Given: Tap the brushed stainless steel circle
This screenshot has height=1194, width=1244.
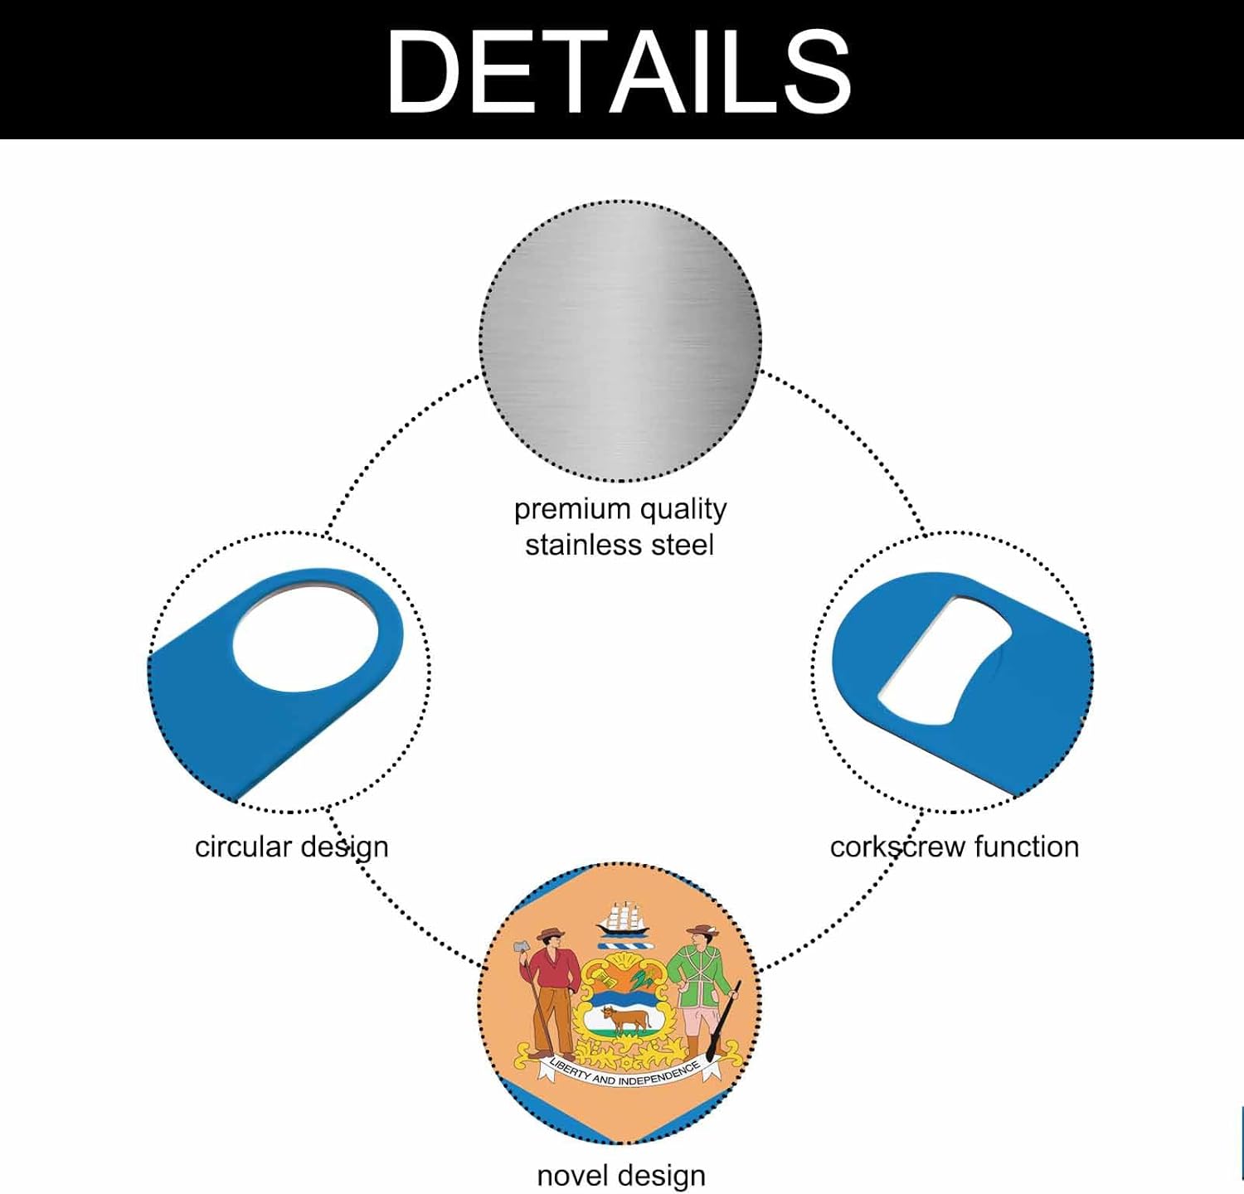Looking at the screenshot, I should (x=620, y=340).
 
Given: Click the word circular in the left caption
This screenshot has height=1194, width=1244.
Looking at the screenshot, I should (x=243, y=847).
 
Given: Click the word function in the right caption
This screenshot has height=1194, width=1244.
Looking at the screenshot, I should (x=1027, y=847).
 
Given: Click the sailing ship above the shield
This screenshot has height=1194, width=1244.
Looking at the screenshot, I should (x=624, y=918).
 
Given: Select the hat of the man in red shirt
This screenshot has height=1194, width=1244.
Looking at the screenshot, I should (x=551, y=934).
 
